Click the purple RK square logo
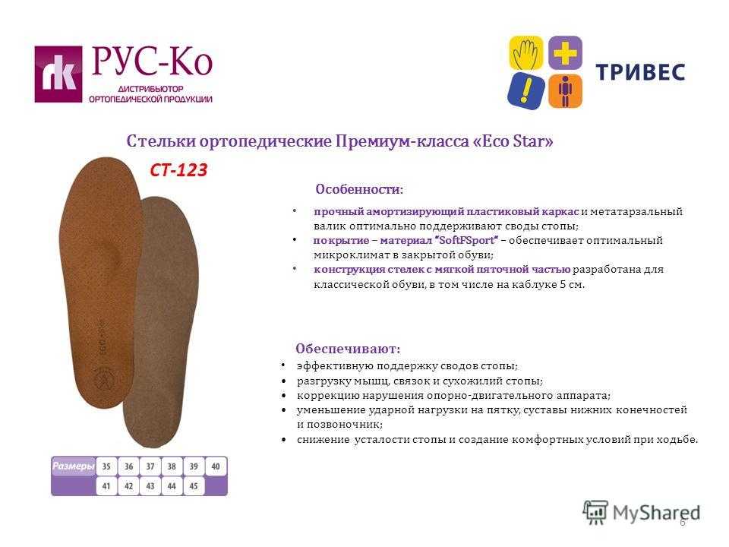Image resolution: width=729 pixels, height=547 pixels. tap(58, 74)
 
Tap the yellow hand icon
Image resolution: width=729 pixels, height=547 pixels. tap(525, 52)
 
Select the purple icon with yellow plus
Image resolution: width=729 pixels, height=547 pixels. tap(565, 52)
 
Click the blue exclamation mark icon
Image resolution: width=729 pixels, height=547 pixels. tap(525, 91)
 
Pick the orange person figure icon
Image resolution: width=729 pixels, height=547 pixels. tap(565, 91)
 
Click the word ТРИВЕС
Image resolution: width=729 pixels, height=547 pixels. tap(640, 72)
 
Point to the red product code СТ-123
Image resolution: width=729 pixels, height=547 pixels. tap(178, 169)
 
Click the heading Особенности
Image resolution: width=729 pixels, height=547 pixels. tap(358, 189)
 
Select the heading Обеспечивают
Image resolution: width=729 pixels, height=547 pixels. tap(347, 349)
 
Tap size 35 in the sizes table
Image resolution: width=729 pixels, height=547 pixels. tap(106, 466)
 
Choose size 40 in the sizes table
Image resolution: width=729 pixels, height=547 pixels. tap(216, 466)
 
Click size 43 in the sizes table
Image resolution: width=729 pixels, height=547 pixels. tap(150, 486)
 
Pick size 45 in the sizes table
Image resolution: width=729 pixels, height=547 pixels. tap(194, 486)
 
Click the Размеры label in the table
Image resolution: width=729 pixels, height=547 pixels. tap(73, 466)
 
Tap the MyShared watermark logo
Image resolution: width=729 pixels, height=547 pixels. tap(642, 513)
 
